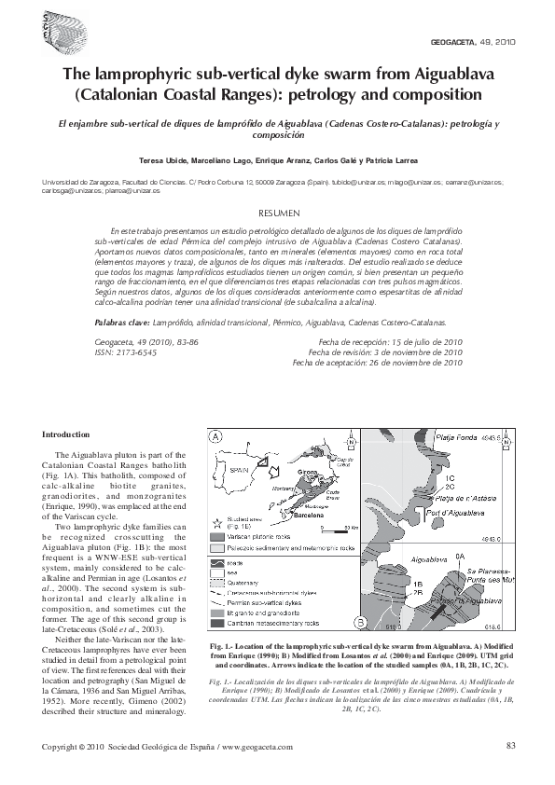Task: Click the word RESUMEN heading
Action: [277, 213]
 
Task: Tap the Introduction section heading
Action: [68, 434]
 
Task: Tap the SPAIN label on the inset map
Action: [240, 472]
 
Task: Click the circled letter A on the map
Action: [216, 436]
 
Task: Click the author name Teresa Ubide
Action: [164, 160]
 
